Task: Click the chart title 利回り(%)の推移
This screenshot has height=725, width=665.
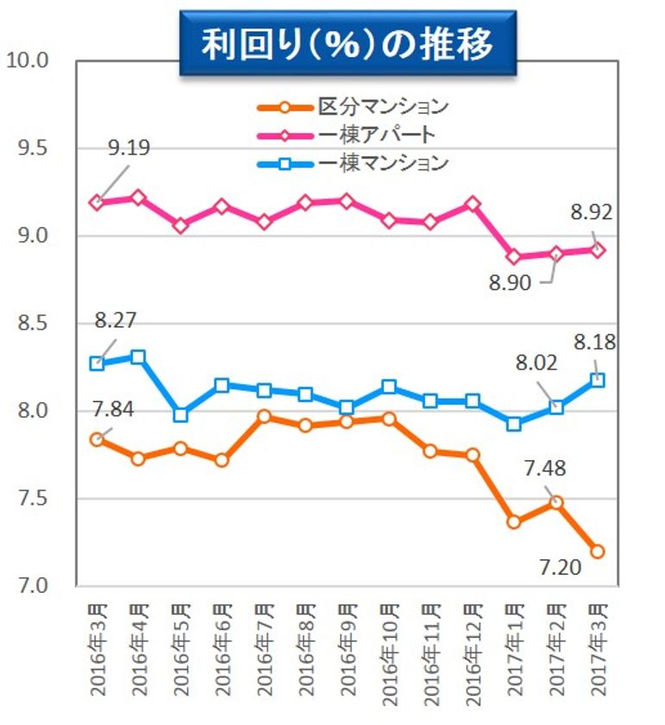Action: pyautogui.click(x=348, y=45)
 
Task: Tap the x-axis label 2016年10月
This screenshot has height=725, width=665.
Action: pyautogui.click(x=390, y=647)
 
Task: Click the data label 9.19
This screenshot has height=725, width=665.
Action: pyautogui.click(x=129, y=148)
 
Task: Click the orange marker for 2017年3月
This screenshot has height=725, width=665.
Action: pyautogui.click(x=598, y=551)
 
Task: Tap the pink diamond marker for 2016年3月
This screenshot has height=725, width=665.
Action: pyautogui.click(x=97, y=202)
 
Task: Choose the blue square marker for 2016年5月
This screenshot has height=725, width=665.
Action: pyautogui.click(x=181, y=414)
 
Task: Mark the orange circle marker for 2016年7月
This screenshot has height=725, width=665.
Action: pyautogui.click(x=265, y=417)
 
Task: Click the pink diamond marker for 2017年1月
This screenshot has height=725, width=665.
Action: pyautogui.click(x=515, y=257)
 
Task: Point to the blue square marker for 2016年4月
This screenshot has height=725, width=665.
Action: pyautogui.click(x=139, y=356)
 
